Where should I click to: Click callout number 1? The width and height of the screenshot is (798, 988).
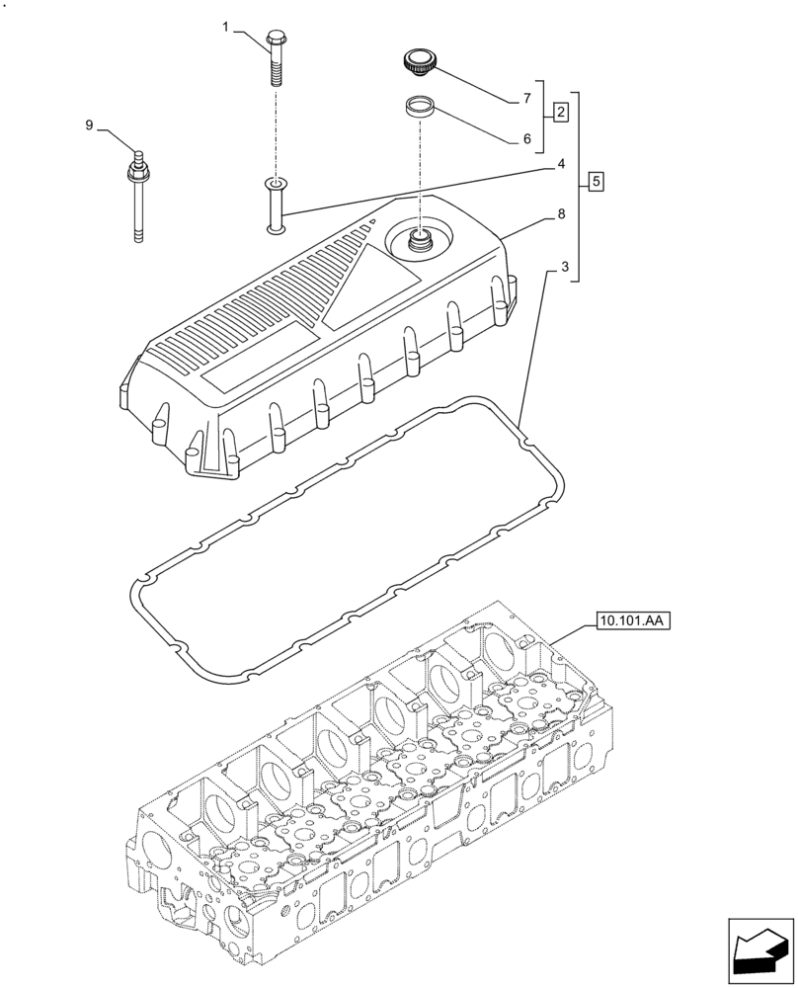tap(225, 27)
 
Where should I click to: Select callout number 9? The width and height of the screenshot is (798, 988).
tap(89, 124)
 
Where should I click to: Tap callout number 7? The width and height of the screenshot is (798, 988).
tap(527, 98)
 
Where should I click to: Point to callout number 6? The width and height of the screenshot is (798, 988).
tap(527, 139)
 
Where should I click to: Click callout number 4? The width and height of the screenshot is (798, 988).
tap(560, 164)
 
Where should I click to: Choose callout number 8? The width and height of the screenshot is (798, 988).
tap(561, 213)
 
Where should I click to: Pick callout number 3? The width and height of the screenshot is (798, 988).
tap(564, 267)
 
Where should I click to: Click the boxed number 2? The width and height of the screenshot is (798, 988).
tap(560, 112)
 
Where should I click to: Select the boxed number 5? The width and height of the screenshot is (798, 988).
tap(596, 182)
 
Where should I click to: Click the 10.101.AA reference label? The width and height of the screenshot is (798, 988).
tap(632, 621)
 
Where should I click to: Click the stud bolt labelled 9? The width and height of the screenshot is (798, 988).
tap(137, 197)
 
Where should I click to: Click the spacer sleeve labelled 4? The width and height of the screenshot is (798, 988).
tap(275, 206)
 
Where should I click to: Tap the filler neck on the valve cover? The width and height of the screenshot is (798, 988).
tap(421, 240)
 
